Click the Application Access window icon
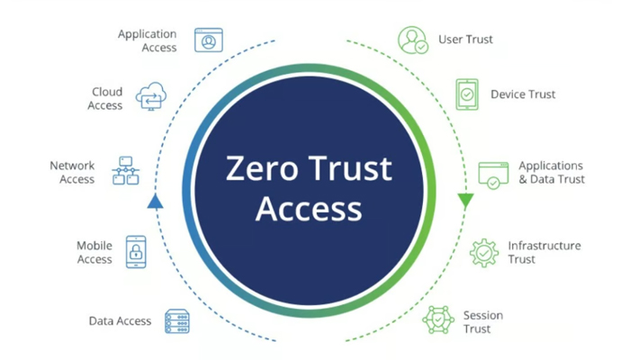[x=209, y=40]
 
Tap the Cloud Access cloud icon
[x=151, y=96]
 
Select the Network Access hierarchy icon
[x=126, y=171]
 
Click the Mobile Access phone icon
[x=136, y=252]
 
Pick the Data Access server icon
[x=177, y=321]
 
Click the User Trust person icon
[x=413, y=40]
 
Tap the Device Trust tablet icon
[x=467, y=94]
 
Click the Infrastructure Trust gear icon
[x=484, y=253]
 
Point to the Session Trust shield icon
[x=438, y=319]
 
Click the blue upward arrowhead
[x=155, y=201]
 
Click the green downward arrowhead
[x=465, y=201]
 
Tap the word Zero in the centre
[x=262, y=168]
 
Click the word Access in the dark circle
[x=309, y=209]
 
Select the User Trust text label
[x=465, y=40]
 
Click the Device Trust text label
[x=523, y=94]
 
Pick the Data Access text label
[x=120, y=321]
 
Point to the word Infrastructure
[x=544, y=246]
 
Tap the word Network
[x=72, y=166]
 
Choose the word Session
[x=483, y=315]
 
